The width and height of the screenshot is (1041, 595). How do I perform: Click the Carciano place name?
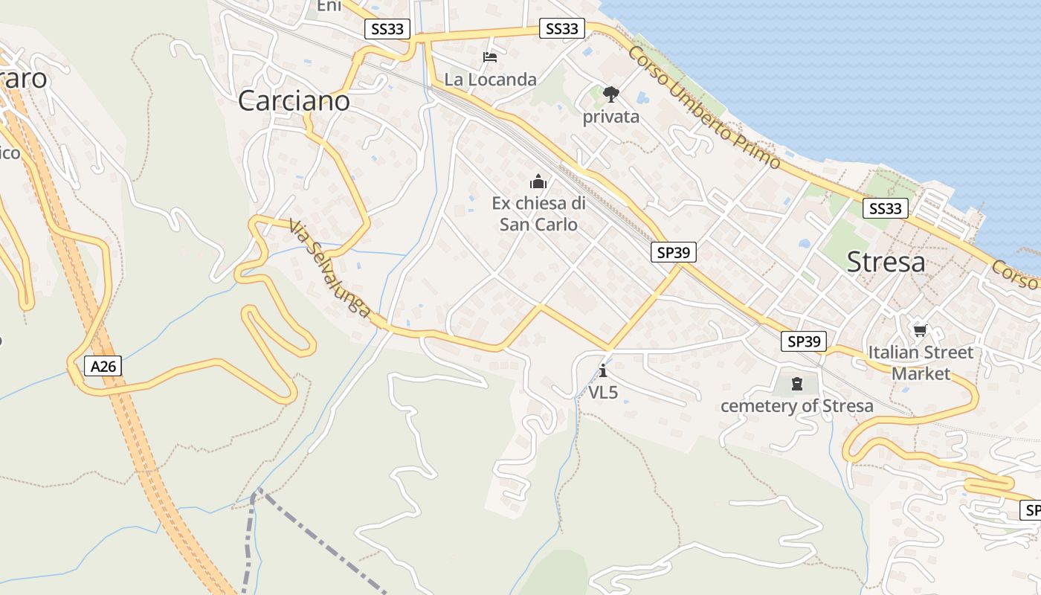coord(294,100)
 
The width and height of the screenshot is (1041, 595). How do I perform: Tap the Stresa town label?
coord(886,262)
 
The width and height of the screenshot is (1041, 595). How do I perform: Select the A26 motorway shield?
coord(103,366)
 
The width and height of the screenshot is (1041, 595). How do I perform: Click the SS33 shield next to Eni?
coord(387,29)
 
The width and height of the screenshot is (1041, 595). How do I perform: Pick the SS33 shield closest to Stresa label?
coord(885,208)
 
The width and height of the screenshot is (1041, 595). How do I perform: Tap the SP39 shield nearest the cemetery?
coord(804,341)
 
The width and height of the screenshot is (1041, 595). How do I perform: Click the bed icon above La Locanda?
coord(490,57)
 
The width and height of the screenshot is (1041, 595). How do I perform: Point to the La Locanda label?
coord(490,79)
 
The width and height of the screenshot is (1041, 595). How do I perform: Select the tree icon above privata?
coord(611,94)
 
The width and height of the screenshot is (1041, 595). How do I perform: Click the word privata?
coord(610,117)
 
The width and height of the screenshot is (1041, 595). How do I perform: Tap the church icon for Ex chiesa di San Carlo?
coord(538,181)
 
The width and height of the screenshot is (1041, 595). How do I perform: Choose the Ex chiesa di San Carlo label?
coord(538,213)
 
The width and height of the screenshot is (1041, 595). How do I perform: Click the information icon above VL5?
coord(603,370)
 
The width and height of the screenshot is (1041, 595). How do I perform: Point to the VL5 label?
coord(603,393)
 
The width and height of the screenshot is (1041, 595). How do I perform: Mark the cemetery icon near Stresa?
coord(797,384)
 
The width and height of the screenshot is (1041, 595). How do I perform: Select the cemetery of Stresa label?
coord(796,406)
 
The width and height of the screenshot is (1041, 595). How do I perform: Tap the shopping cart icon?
coord(921,330)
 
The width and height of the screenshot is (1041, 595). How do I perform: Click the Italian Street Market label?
coord(921,362)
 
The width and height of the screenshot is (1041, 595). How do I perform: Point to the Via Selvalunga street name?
coord(329,269)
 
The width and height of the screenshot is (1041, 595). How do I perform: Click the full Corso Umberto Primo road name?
coord(703,106)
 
